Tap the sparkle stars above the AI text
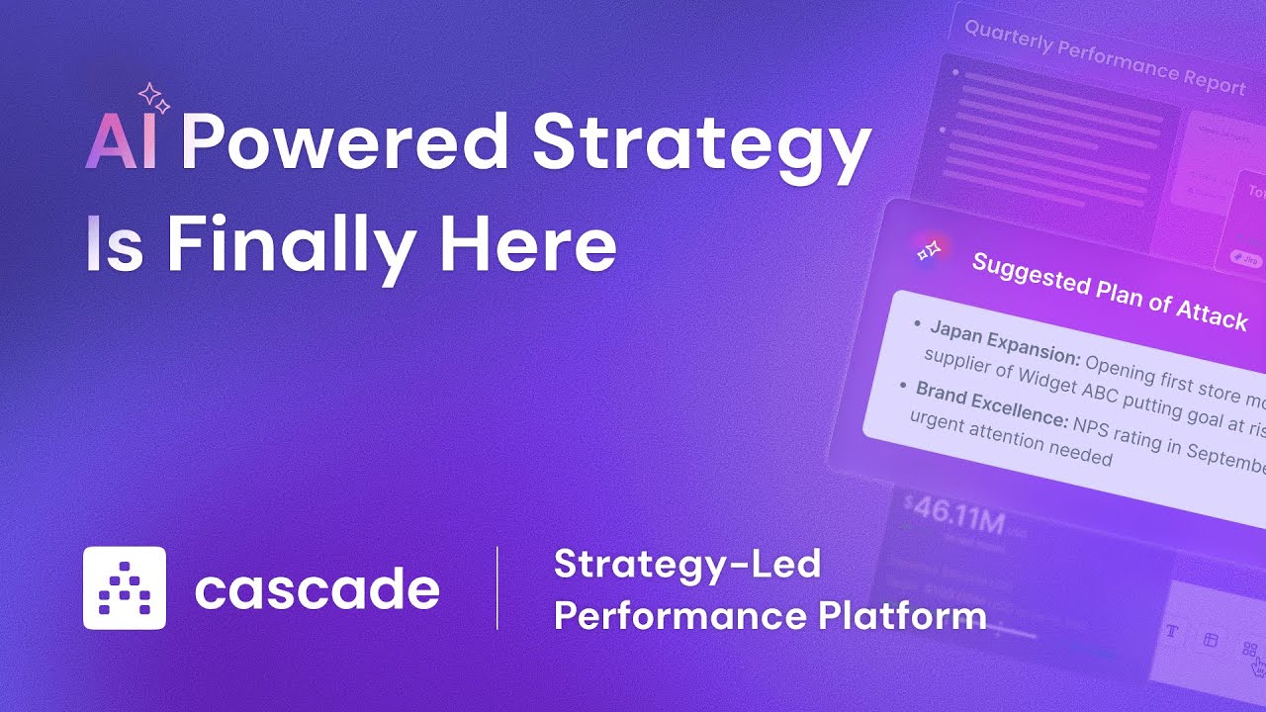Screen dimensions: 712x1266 (153, 98)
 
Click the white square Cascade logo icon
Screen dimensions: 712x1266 (125, 588)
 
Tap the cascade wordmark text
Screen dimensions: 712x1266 (316, 589)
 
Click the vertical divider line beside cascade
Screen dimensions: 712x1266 (497, 588)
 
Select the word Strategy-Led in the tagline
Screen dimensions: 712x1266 (687, 564)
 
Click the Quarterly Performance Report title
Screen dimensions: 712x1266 (1104, 57)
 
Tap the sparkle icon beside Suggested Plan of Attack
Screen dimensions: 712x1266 (930, 250)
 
